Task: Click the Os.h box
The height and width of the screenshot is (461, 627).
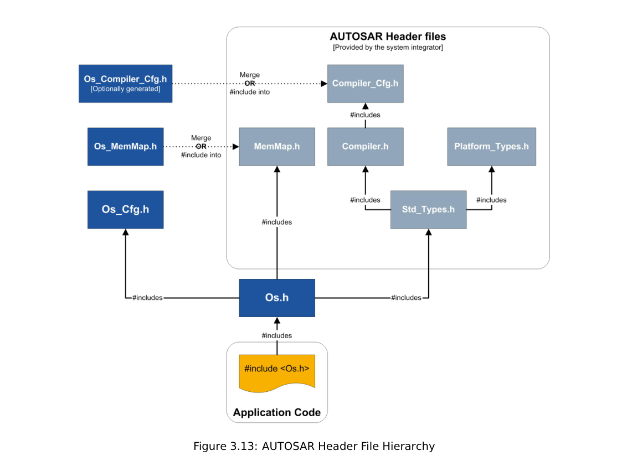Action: (x=276, y=298)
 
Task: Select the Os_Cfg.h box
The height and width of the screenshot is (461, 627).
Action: (x=125, y=210)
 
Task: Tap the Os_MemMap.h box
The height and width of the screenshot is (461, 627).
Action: (x=125, y=147)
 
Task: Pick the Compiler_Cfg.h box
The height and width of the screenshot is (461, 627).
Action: (x=365, y=84)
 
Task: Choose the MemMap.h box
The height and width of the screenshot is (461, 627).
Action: (x=276, y=147)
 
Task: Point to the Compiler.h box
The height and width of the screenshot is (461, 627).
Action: (x=365, y=147)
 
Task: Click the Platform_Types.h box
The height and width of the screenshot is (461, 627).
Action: (x=491, y=147)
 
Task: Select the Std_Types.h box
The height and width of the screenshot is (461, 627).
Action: (x=428, y=210)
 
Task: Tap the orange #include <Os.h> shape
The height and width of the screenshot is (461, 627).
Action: (x=276, y=370)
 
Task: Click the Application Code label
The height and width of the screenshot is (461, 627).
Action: (x=276, y=412)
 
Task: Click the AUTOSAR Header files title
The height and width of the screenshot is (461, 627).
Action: (x=388, y=37)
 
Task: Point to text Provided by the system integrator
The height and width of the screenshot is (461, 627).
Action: (x=388, y=48)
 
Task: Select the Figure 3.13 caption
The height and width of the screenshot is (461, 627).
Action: (x=313, y=446)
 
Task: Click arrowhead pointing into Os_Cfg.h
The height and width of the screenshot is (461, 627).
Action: (x=125, y=233)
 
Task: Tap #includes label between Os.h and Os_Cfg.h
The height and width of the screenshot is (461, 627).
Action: (x=147, y=298)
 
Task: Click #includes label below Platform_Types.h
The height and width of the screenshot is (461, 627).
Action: (x=491, y=200)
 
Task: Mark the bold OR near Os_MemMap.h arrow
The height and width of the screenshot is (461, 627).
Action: (x=201, y=147)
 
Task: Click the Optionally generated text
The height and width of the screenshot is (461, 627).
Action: (x=125, y=89)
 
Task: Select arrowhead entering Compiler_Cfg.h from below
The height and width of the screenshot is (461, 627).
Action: (x=365, y=107)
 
